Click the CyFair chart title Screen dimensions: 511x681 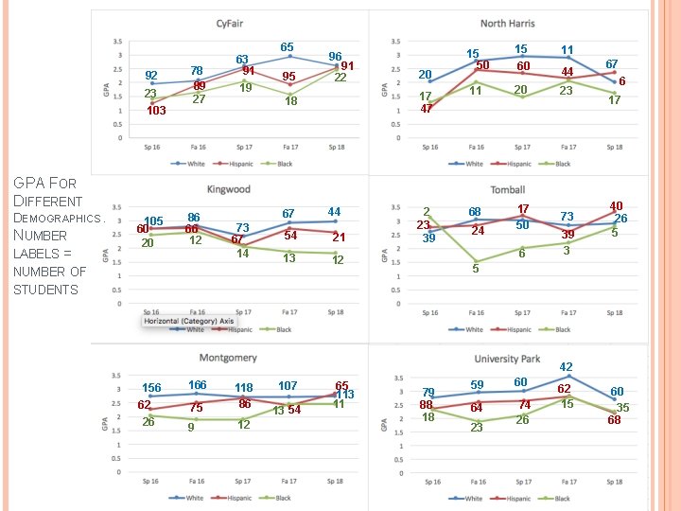(x=228, y=23)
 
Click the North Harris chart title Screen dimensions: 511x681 (x=507, y=23)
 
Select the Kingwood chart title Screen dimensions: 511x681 (x=228, y=190)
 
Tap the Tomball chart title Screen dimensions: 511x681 (x=507, y=190)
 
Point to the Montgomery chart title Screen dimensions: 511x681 (x=228, y=358)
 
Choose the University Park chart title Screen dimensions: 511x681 (x=507, y=359)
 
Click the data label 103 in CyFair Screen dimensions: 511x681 (x=155, y=111)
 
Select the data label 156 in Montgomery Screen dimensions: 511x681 (x=151, y=388)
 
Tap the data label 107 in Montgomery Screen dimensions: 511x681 (x=288, y=386)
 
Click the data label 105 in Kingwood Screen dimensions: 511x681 (x=154, y=221)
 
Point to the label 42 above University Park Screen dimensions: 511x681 (x=566, y=366)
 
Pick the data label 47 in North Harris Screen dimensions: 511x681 (x=426, y=109)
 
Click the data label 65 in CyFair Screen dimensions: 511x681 (x=287, y=47)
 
